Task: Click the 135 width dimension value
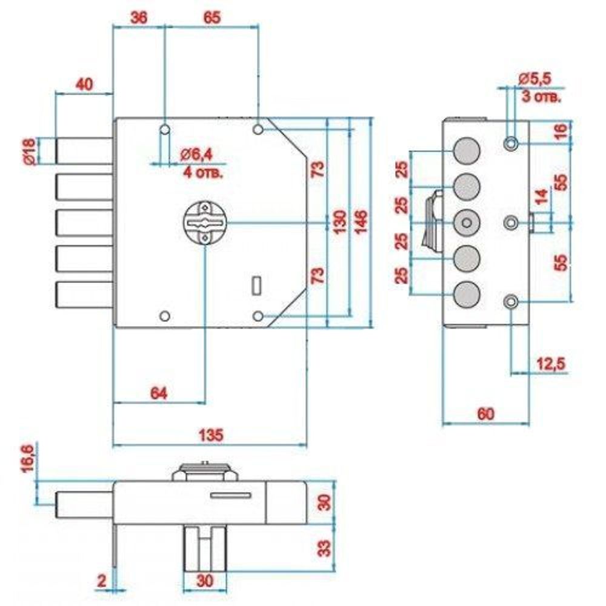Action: click(211, 435)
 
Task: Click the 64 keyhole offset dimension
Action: click(158, 393)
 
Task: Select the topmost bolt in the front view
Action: click(85, 150)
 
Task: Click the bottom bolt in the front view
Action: click(85, 295)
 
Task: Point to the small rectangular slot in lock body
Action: click(256, 284)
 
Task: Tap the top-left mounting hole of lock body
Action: click(164, 130)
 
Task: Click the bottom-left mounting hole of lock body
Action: click(164, 316)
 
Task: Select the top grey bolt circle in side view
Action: click(466, 150)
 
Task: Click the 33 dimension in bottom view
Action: click(324, 548)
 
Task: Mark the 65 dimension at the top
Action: click(211, 18)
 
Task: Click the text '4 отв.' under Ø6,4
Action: click(202, 173)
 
